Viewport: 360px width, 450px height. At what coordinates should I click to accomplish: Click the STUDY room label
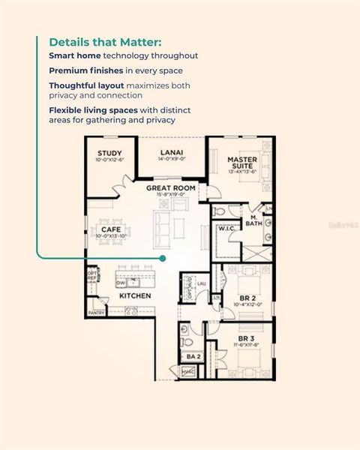(109, 153)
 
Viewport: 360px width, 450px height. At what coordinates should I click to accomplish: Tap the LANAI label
(171, 153)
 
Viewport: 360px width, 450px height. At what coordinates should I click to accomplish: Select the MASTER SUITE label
(241, 163)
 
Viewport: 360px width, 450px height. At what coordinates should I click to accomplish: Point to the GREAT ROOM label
(171, 187)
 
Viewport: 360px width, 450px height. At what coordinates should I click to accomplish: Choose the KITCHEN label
(136, 295)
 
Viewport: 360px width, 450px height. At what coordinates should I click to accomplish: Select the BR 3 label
(246, 339)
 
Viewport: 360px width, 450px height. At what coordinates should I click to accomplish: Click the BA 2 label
(193, 356)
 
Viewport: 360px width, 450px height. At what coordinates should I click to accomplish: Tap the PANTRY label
(96, 312)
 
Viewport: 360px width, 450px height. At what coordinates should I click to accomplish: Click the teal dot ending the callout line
(162, 258)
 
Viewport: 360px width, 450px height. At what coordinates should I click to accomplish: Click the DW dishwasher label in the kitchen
(120, 283)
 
